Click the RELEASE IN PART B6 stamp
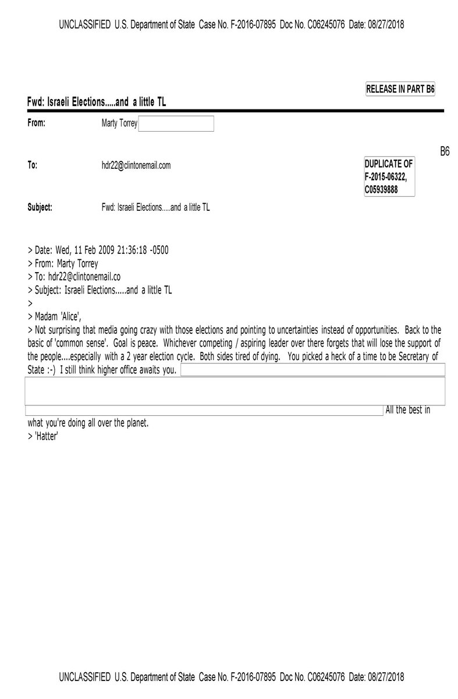(400, 89)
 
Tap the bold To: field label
(33, 165)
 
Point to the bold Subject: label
(40, 207)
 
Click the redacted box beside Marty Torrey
(176, 123)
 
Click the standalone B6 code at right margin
(445, 153)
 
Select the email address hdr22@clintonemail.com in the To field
(136, 165)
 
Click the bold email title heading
(97, 102)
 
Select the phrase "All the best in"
(408, 410)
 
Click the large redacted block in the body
(235, 390)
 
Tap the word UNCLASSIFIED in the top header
(84, 24)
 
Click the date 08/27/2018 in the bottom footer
(385, 677)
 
